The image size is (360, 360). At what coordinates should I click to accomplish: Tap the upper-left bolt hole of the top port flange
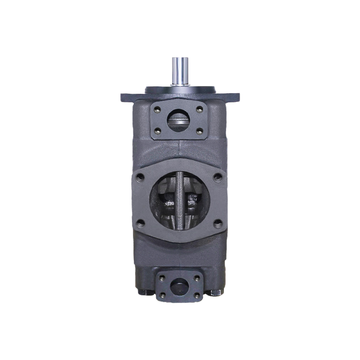pos(157,108)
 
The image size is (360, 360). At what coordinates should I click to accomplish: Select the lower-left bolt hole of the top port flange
pos(157,131)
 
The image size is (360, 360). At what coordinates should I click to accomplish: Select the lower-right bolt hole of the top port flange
pos(199,131)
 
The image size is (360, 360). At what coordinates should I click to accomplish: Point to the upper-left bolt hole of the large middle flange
pos(140,177)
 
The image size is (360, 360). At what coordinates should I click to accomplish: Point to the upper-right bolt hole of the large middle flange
pos(218,177)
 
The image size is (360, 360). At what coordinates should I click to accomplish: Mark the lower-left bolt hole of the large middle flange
pos(140,224)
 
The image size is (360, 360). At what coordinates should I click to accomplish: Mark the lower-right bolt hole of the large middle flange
pos(218,224)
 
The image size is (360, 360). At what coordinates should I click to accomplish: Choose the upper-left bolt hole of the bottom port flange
pos(162,278)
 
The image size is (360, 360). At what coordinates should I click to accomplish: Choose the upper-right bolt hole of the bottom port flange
pos(197,278)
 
